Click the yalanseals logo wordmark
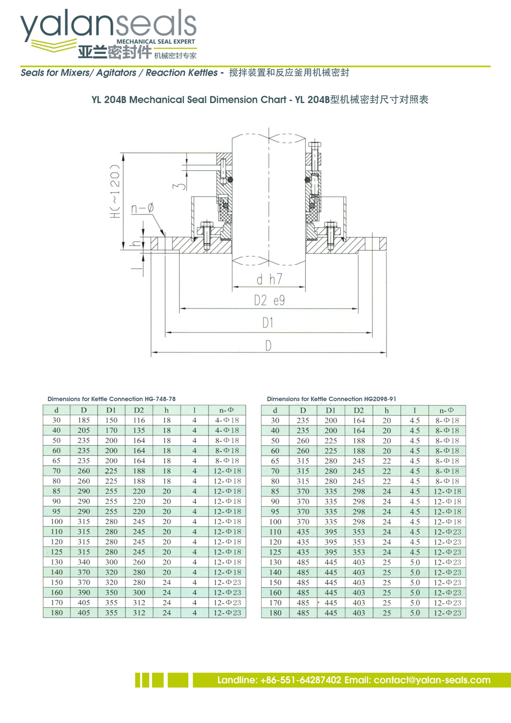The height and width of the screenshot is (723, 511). pyautogui.click(x=109, y=25)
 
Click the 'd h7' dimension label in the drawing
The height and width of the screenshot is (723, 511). pyautogui.click(x=269, y=279)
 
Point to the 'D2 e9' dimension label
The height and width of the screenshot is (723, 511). pyautogui.click(x=270, y=300)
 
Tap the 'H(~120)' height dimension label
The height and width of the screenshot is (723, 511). pyautogui.click(x=115, y=191)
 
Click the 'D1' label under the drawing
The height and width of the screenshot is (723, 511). pyautogui.click(x=268, y=323)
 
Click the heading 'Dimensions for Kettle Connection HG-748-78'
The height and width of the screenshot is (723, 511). pyautogui.click(x=112, y=399)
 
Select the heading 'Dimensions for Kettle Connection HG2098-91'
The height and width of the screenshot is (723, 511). pyautogui.click(x=331, y=399)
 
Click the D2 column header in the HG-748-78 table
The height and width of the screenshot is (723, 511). pyautogui.click(x=139, y=410)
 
